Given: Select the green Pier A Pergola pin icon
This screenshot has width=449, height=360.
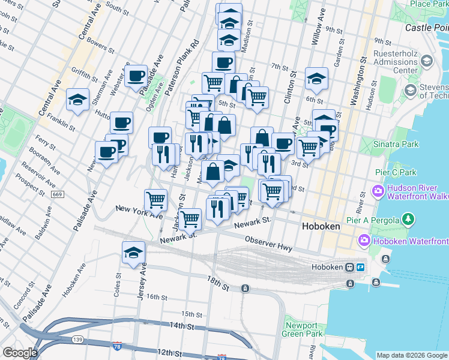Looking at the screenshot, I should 409,219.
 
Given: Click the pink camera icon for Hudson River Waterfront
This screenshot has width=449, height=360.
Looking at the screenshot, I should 378,192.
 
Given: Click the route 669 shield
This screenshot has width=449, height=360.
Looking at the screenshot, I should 58,194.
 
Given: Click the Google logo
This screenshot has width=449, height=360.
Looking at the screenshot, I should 20,353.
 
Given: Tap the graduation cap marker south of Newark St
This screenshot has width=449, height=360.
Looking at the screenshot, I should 134,253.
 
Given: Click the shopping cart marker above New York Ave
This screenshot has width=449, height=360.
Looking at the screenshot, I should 155,199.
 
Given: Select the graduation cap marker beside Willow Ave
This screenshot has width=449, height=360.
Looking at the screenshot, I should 316,79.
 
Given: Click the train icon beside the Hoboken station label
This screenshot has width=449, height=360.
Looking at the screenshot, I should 349,267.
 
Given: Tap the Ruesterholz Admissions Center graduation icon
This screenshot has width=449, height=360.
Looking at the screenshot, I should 426,61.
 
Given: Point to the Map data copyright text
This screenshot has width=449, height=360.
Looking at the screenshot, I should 412,355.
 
